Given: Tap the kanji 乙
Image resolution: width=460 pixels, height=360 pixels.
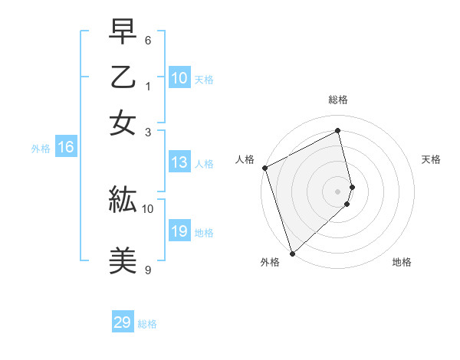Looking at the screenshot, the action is click(x=123, y=80).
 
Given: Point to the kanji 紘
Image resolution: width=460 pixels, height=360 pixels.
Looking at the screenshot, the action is click(x=123, y=201).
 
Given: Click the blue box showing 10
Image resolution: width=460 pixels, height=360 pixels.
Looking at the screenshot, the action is click(x=179, y=78).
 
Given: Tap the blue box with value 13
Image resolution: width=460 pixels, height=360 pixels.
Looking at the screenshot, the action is click(x=179, y=162).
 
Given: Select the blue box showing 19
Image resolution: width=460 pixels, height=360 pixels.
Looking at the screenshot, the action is click(x=179, y=231).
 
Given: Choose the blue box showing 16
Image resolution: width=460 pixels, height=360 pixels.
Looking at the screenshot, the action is click(x=65, y=148).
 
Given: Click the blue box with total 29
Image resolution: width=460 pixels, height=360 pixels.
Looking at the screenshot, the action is click(x=123, y=322).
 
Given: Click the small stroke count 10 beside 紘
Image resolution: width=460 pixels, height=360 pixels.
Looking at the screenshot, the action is click(x=148, y=208).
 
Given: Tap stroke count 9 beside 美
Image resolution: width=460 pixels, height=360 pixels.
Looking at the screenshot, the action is click(x=148, y=270).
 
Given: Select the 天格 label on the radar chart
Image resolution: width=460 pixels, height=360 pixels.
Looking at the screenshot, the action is click(x=431, y=159).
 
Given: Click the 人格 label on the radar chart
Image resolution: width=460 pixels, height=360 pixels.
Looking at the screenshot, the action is click(x=245, y=159).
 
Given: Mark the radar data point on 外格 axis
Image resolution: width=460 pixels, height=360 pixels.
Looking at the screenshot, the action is click(x=292, y=253).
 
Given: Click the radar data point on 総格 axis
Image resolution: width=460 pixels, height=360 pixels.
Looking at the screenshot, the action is click(x=338, y=131).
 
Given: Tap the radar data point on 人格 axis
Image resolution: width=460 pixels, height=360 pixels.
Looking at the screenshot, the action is click(x=264, y=168).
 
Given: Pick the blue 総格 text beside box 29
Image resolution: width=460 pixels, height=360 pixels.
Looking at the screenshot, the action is click(x=147, y=324).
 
